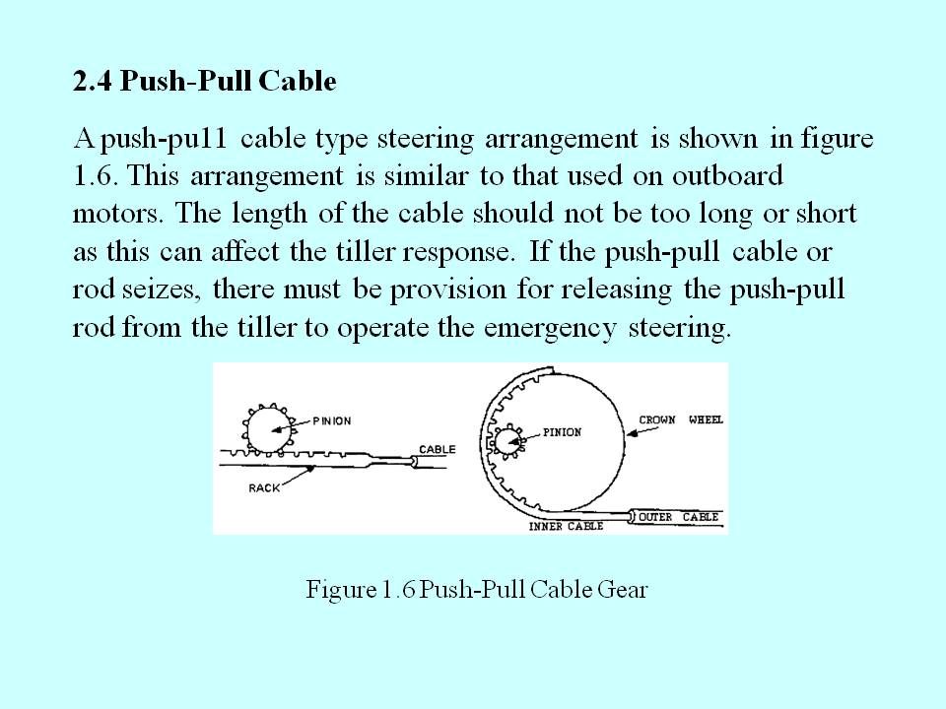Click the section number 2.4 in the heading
(92, 82)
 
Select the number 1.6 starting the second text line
(95, 176)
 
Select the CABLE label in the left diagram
(438, 449)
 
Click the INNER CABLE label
(566, 527)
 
